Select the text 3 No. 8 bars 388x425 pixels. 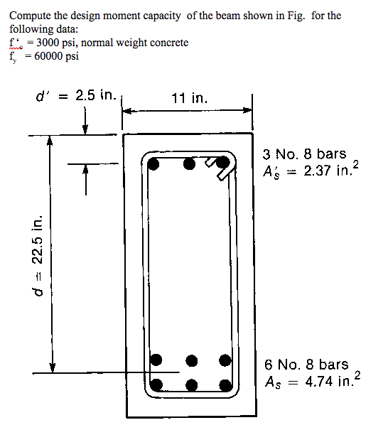[304, 154]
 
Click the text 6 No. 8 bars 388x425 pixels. [306, 365]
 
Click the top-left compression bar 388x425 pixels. [155, 163]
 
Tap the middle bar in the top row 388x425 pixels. [189, 163]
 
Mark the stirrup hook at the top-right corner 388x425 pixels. [223, 165]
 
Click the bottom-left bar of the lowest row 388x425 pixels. [157, 386]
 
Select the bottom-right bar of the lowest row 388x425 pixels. [225, 386]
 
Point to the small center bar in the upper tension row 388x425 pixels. [190, 360]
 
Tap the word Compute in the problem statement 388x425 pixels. [31, 15]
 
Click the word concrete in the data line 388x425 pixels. [168, 43]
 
